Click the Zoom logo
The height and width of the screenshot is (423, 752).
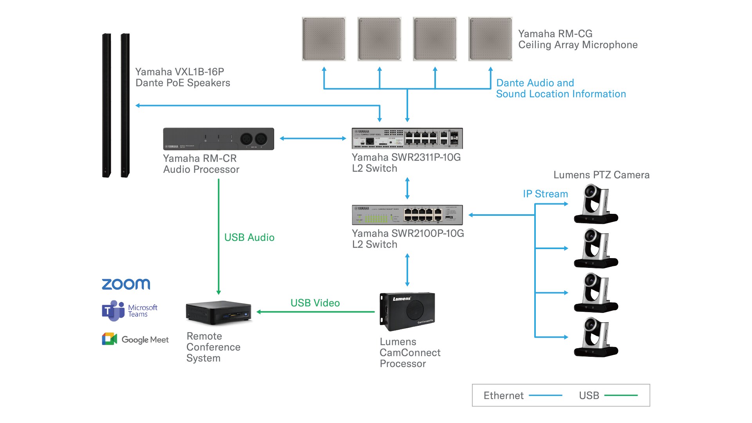(x=126, y=284)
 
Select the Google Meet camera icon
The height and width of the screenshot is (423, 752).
(x=110, y=339)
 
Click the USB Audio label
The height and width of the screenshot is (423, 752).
(x=249, y=237)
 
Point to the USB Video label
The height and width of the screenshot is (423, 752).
(x=315, y=303)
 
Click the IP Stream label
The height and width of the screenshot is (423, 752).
(x=545, y=194)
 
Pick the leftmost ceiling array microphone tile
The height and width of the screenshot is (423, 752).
(x=324, y=39)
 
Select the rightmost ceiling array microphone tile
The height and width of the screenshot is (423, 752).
(x=490, y=39)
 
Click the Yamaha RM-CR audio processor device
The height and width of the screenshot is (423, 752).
(x=219, y=139)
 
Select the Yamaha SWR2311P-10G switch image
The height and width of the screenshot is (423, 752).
(x=407, y=138)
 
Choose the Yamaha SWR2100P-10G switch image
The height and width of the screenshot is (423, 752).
(x=407, y=215)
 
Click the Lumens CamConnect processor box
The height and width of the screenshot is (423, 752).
(x=407, y=311)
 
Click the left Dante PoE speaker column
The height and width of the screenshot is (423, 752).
(x=106, y=105)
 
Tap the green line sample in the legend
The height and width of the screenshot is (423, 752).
(x=621, y=396)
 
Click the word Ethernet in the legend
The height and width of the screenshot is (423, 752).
(x=503, y=396)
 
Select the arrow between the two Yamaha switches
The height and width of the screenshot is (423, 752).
(x=407, y=188)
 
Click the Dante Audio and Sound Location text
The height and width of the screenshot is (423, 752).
(x=560, y=89)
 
